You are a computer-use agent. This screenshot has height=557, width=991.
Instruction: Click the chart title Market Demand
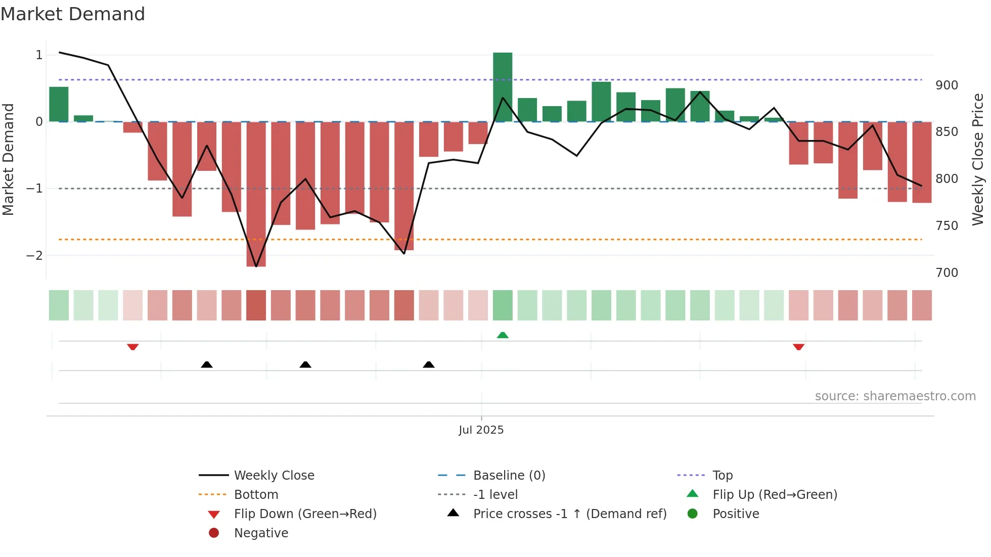[x=73, y=14]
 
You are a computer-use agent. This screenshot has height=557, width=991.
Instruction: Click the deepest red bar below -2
[x=256, y=195]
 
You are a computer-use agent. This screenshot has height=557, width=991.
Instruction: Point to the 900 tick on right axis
[x=947, y=85]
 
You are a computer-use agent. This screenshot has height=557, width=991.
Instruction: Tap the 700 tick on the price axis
[x=947, y=273]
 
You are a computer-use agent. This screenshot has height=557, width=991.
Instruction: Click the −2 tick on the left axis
[x=34, y=256]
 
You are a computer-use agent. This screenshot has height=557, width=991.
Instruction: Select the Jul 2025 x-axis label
[x=481, y=430]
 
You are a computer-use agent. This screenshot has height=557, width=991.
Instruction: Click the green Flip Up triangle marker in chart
[x=503, y=335]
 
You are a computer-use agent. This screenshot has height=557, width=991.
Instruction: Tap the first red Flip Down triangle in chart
[x=133, y=347]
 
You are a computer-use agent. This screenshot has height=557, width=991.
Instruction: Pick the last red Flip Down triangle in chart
[x=798, y=347]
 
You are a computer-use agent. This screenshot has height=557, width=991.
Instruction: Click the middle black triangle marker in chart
[x=305, y=364]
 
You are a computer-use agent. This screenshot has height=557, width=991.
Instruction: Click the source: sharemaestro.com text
[x=895, y=396]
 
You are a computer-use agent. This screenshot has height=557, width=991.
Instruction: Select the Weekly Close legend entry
[x=274, y=476]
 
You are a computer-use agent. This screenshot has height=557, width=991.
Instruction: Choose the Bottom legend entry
[x=256, y=495]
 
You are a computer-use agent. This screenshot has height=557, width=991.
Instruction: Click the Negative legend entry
[x=261, y=533]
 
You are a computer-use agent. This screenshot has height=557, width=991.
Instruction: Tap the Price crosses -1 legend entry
[x=569, y=514]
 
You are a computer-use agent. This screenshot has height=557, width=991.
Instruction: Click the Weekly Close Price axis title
[x=978, y=159]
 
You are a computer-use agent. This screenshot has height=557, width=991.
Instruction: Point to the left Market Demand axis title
[x=8, y=159]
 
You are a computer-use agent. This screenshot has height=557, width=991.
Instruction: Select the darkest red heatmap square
[x=256, y=305]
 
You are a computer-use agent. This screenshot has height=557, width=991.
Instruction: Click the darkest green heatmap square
[x=503, y=305]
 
